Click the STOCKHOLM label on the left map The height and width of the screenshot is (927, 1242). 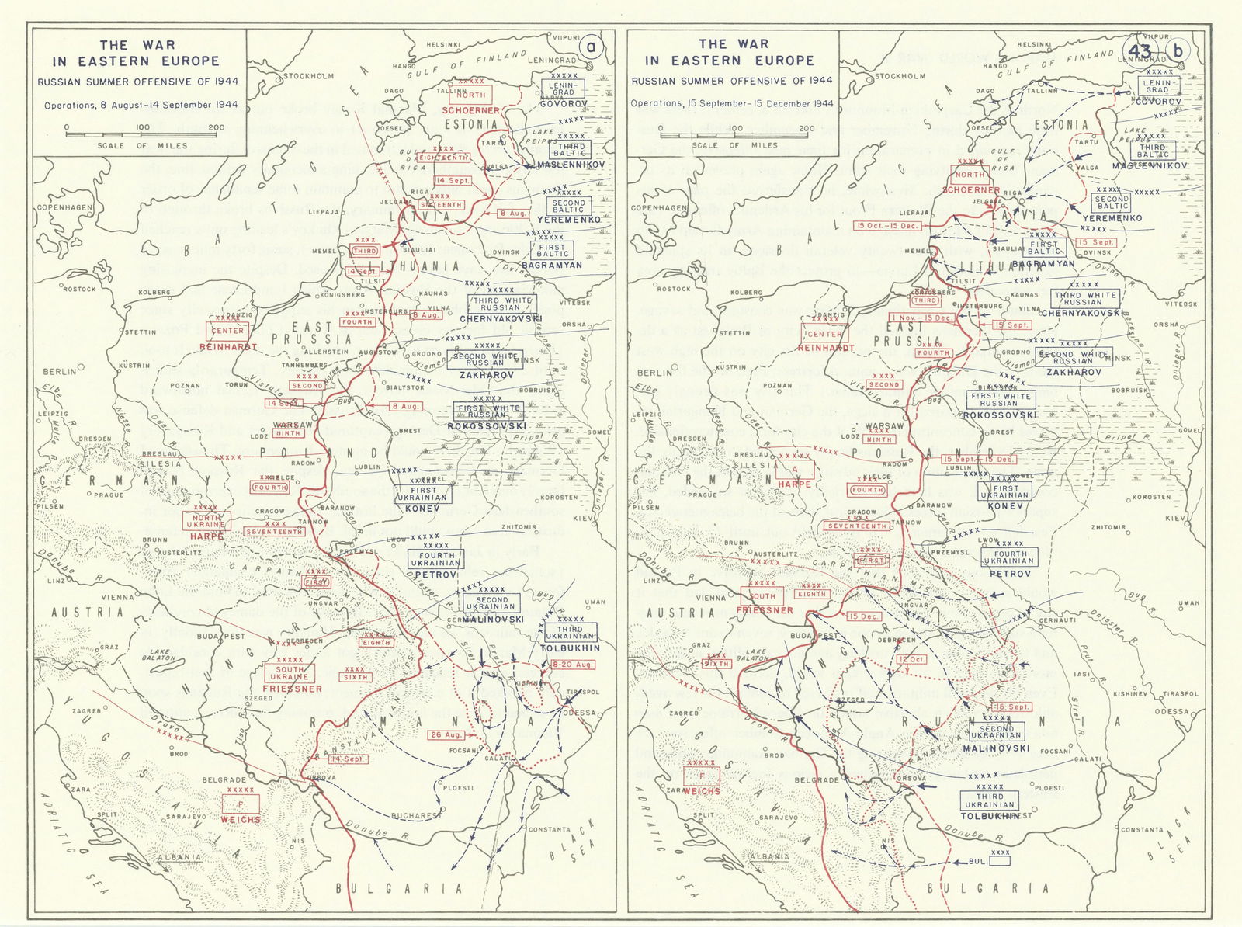(308, 76)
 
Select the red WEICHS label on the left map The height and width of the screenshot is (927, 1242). (241, 819)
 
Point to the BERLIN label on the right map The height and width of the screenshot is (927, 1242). (654, 373)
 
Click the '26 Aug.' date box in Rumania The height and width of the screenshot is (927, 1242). (446, 734)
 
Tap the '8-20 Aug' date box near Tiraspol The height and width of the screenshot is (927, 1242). (572, 665)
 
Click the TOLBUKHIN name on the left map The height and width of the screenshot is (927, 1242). (571, 648)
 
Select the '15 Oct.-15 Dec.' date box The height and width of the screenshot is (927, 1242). (887, 226)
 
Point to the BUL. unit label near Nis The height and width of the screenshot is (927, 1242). (977, 862)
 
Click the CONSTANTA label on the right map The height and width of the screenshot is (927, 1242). (1142, 830)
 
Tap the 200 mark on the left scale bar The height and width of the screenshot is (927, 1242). (216, 127)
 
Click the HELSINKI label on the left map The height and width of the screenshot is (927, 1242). (444, 45)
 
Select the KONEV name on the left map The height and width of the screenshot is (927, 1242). (423, 508)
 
